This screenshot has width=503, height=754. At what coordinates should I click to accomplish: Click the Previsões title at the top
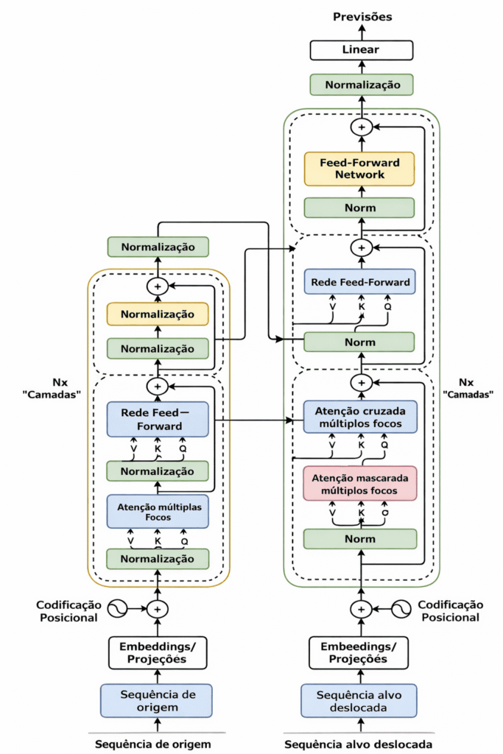click(362, 16)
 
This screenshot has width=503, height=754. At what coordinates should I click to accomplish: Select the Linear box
click(362, 50)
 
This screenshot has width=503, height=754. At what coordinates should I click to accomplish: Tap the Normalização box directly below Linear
click(362, 85)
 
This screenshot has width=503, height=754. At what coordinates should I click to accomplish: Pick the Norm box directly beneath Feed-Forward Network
click(360, 208)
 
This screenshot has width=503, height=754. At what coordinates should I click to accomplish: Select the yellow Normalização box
click(158, 314)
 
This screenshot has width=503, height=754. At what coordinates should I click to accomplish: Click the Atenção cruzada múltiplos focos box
click(360, 415)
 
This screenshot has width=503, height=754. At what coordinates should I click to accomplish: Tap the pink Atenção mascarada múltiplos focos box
click(360, 484)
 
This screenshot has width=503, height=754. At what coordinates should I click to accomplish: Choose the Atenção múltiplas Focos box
click(158, 511)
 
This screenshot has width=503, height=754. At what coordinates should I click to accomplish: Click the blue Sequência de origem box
click(156, 701)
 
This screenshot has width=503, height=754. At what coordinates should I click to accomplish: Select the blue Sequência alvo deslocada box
click(359, 701)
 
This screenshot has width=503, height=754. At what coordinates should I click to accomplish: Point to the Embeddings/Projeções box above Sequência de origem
click(158, 652)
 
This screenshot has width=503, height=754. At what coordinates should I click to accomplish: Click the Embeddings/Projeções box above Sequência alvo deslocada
click(359, 652)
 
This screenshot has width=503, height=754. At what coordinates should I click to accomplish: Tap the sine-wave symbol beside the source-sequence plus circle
click(119, 609)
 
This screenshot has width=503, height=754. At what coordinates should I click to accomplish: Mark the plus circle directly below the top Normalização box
click(361, 127)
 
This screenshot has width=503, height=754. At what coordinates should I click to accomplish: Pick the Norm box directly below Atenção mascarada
click(360, 539)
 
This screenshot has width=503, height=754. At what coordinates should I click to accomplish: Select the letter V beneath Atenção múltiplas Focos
click(131, 541)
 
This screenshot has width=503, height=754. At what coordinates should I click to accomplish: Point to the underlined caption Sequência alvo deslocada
click(359, 744)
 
